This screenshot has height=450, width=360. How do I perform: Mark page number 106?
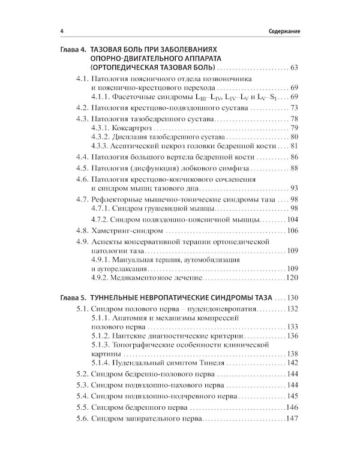click(292, 230)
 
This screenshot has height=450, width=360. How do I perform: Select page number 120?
click(292, 278)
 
